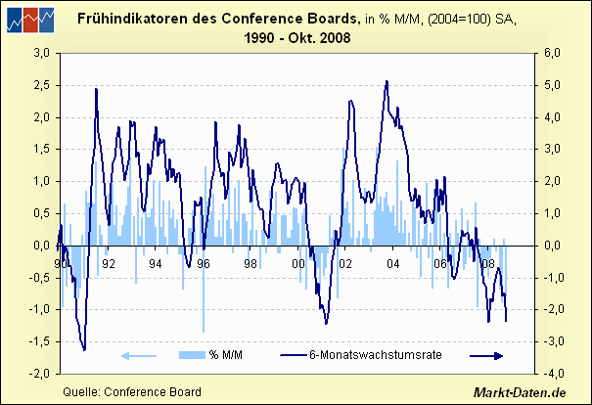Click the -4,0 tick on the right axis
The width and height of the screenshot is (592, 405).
[x=552, y=374]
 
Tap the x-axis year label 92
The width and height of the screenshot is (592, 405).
[x=109, y=263]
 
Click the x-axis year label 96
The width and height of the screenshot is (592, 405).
[x=204, y=263]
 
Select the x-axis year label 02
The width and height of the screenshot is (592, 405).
[x=345, y=263]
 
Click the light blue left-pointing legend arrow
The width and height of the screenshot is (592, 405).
[x=138, y=355]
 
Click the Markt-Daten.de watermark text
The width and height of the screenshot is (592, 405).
[x=520, y=392]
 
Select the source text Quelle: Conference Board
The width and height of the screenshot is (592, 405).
[x=132, y=392]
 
